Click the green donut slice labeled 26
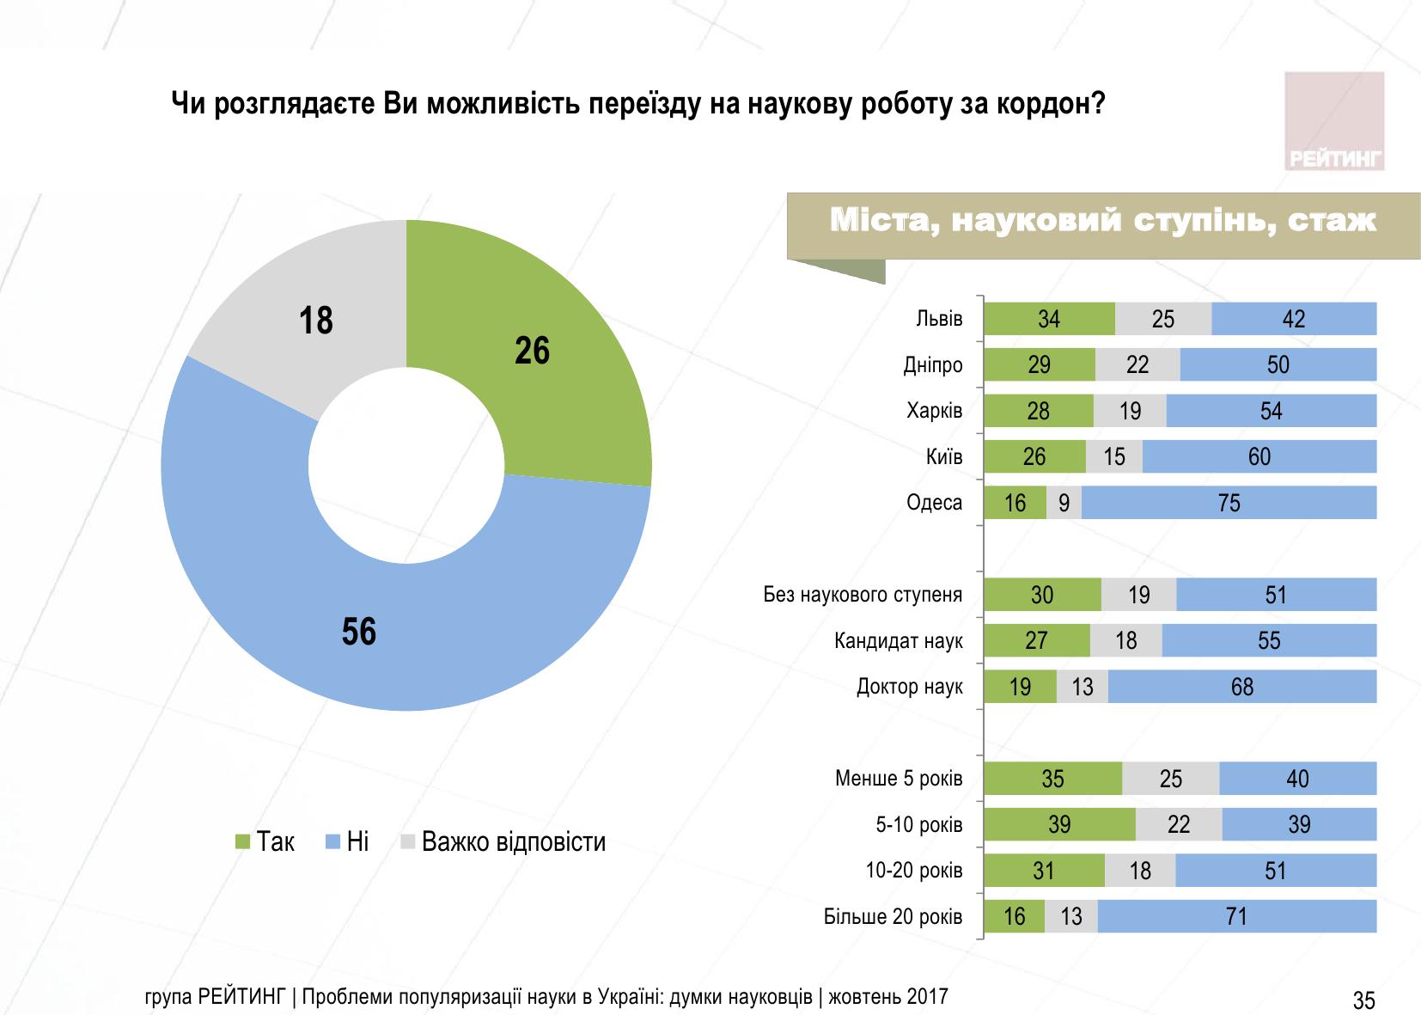[x=550, y=361]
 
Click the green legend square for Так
[x=242, y=841]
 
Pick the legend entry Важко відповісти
[x=513, y=841]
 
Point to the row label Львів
[x=939, y=319]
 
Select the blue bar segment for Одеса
[x=1229, y=503]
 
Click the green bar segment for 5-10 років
[x=1059, y=825]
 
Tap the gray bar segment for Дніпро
[x=1137, y=365]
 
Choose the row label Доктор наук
[x=910, y=687]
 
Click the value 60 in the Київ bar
[x=1259, y=457]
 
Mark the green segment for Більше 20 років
[x=1015, y=917]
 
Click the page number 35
[x=1363, y=1000]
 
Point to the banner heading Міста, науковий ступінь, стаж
[x=1103, y=221]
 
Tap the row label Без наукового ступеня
[x=863, y=595]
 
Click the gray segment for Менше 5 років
[x=1170, y=779]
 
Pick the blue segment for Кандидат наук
[x=1268, y=641]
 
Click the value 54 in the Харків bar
[x=1271, y=412]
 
